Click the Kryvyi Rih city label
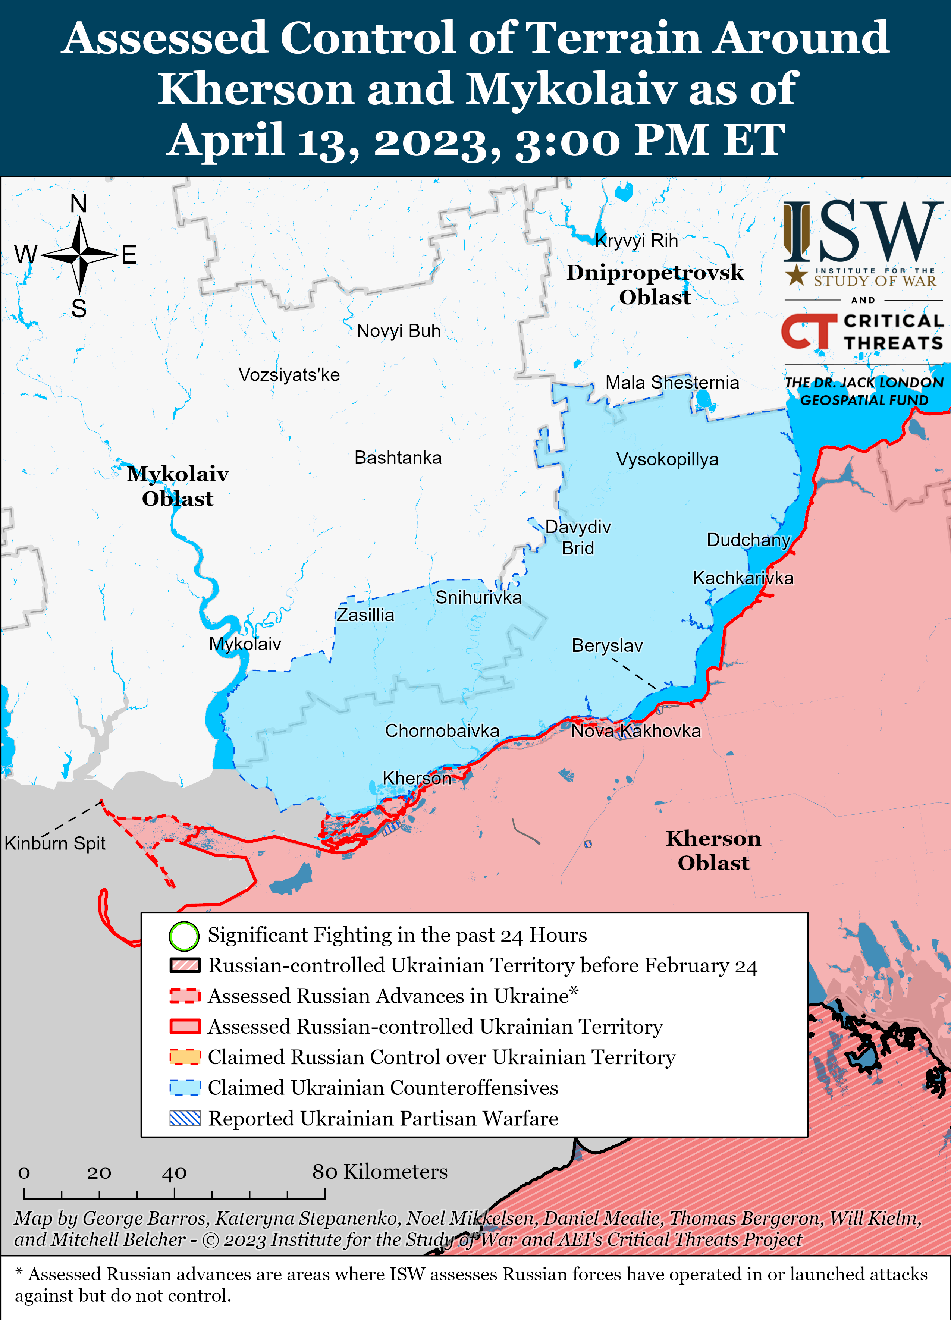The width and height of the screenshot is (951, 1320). coord(636,241)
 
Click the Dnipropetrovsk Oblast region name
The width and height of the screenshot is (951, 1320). coord(655,285)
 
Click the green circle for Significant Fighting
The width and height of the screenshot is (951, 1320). coord(184,936)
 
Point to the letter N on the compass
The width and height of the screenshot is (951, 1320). coord(79,204)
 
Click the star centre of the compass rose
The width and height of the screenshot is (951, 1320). coord(79,254)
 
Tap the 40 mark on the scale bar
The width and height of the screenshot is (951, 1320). coord(174,1172)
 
